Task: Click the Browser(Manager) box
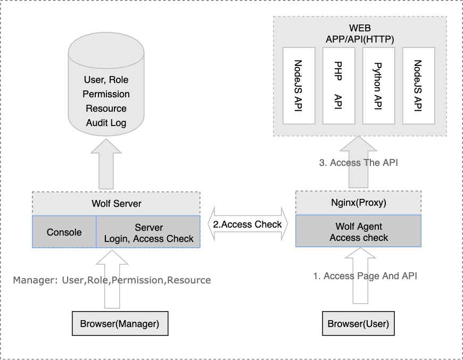120,323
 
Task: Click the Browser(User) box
358,323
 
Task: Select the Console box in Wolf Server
64,232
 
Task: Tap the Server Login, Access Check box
148,232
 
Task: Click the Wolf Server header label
116,204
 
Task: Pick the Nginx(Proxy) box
358,203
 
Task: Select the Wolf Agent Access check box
358,232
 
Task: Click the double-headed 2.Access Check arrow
247,224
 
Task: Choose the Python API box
378,85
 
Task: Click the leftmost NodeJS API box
299,85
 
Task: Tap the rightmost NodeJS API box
418,85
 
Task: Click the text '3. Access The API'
358,163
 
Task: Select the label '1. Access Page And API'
365,275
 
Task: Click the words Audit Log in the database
106,123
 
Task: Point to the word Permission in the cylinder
106,94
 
